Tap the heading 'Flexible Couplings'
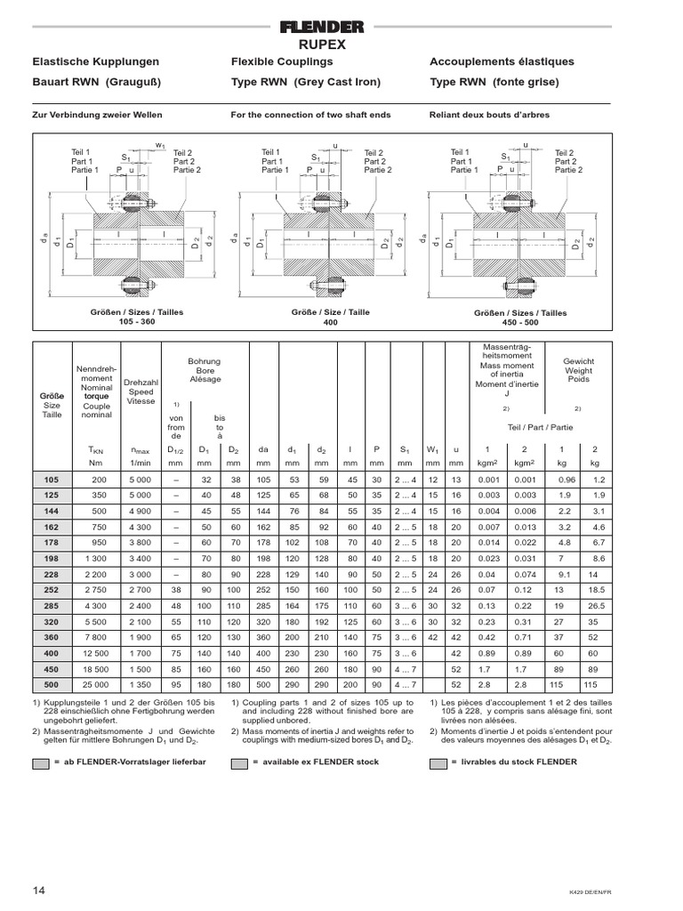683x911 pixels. point(282,61)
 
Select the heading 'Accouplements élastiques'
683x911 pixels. point(502,61)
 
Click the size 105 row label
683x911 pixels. point(51,480)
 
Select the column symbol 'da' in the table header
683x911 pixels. point(263,449)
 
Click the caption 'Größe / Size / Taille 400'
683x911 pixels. point(317,318)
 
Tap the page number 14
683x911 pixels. point(39,891)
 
